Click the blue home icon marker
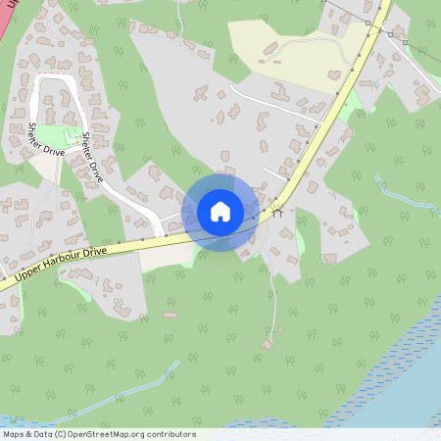[220, 212]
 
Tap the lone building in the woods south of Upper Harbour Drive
[171, 315]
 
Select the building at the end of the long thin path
[269, 344]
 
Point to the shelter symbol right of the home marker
[277, 211]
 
